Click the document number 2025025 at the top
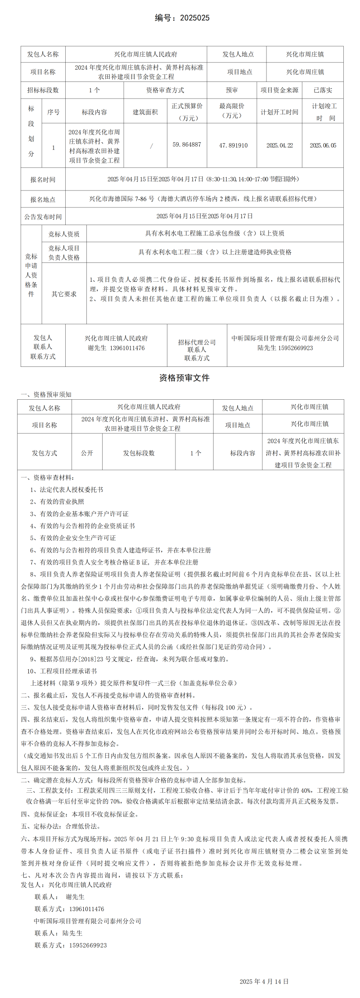194,18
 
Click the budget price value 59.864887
187,145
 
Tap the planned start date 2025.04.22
279,145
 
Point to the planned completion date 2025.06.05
323,145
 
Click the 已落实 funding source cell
323,90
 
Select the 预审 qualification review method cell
232,90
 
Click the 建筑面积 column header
145,112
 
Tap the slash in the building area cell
151,145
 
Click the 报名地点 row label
43,199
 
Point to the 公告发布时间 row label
43,217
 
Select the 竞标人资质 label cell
64,234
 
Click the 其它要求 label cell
64,294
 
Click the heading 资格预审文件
184,378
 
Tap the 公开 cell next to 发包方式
87,453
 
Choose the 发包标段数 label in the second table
139,453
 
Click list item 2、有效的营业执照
57,501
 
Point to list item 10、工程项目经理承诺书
62,671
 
